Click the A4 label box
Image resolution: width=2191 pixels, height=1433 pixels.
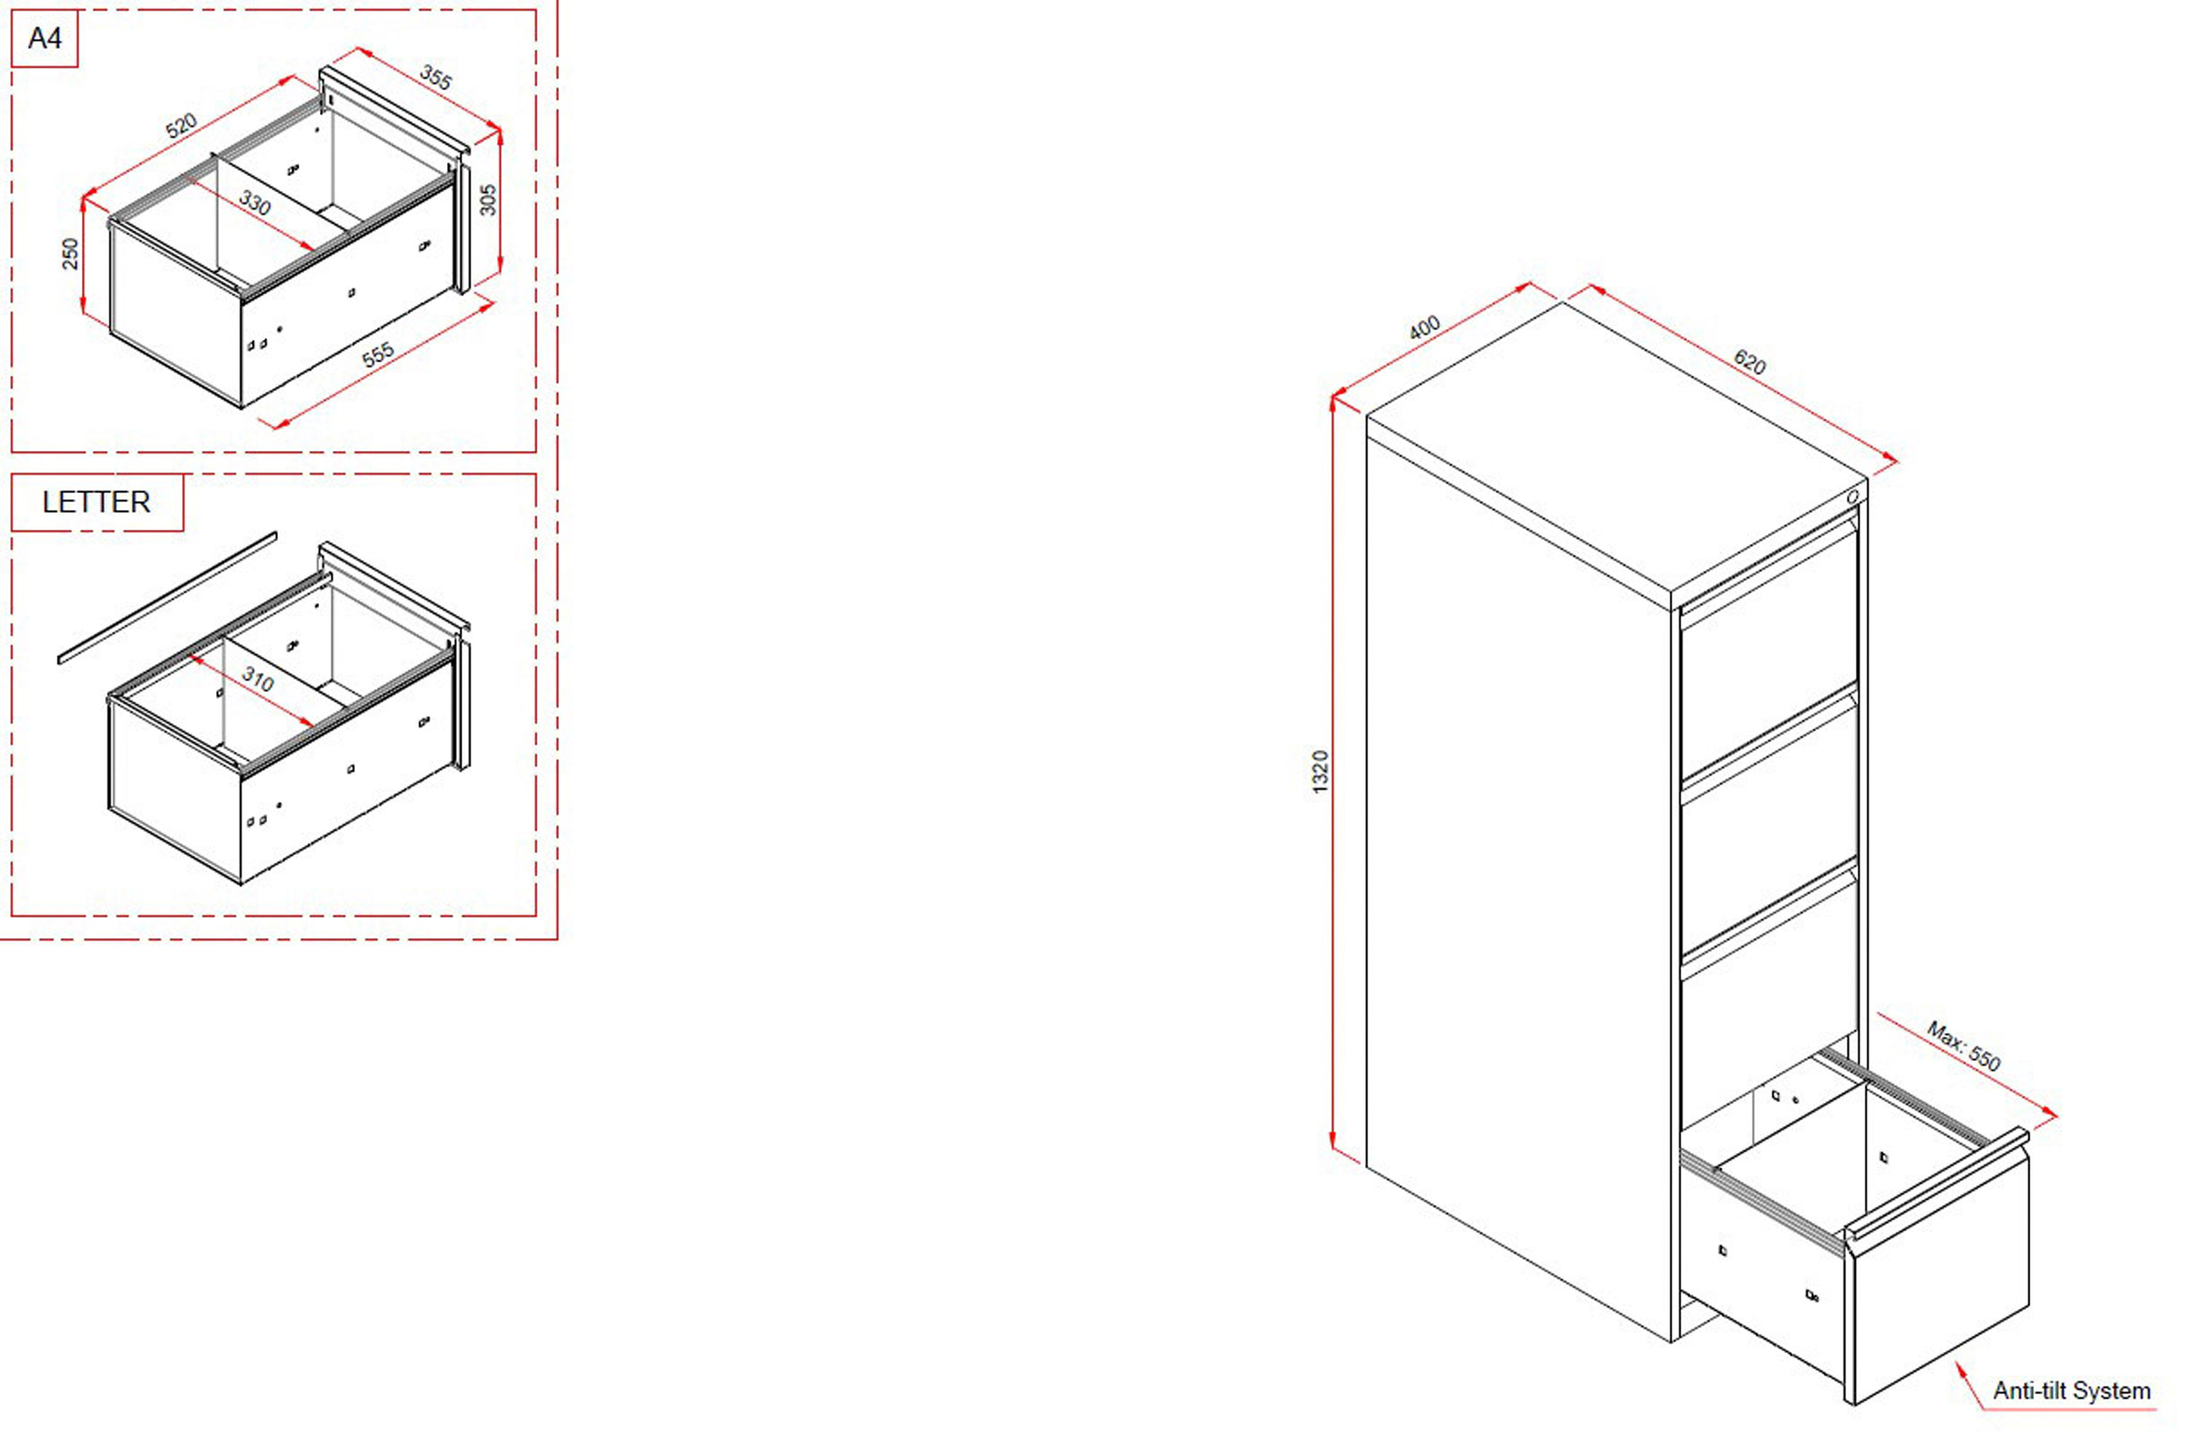[x=45, y=39]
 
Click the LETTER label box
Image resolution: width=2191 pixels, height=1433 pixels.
[x=96, y=502]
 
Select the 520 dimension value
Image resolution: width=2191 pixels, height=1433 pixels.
[x=181, y=125]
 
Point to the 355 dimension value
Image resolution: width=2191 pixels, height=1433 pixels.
[x=435, y=77]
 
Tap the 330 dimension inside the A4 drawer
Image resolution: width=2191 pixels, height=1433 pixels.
[x=255, y=202]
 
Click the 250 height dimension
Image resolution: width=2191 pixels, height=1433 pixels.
[x=71, y=254]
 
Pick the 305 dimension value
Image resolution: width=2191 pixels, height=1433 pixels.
[x=488, y=199]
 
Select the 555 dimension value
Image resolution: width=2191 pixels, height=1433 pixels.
[x=378, y=354]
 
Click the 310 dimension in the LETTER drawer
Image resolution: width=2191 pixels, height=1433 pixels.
[x=258, y=680]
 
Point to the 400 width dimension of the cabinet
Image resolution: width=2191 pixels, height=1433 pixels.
[x=1424, y=328]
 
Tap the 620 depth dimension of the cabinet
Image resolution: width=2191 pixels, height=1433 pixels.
[x=1749, y=362]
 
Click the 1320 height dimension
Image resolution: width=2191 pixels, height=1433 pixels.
[x=1320, y=772]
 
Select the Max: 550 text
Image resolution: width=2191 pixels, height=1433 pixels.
[x=1964, y=1046]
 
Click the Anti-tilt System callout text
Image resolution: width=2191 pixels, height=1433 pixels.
[x=2071, y=1391]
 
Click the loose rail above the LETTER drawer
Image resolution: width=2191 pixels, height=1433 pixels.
[x=167, y=597]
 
